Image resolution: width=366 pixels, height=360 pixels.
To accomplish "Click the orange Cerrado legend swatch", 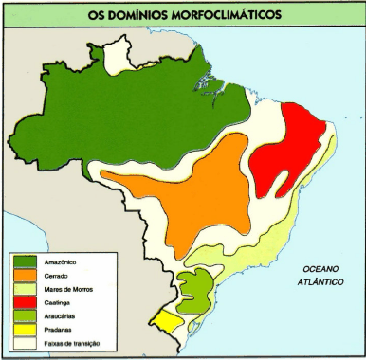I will click(x=27, y=275).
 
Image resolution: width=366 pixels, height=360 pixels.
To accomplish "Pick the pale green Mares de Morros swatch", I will click(x=27, y=288).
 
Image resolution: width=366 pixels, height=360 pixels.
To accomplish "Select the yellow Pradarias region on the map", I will click(x=170, y=321).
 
